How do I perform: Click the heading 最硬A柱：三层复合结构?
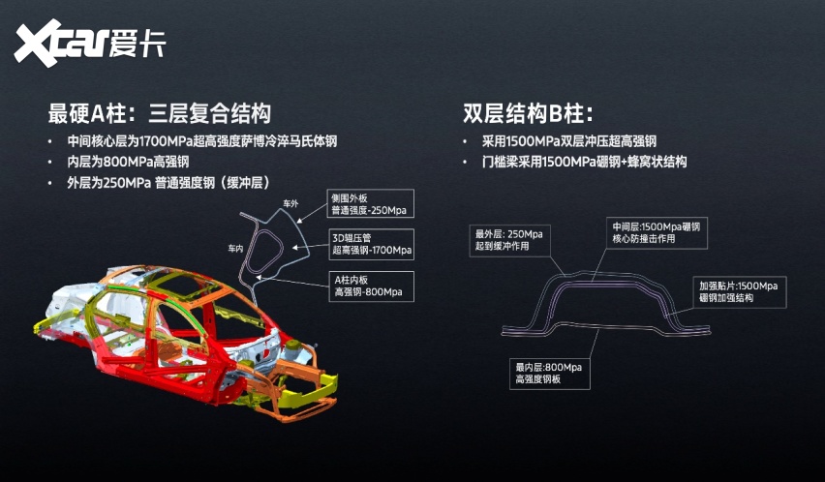[x=159, y=112]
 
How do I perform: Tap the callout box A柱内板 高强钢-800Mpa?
[x=366, y=284]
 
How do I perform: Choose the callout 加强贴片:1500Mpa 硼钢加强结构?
[x=738, y=291]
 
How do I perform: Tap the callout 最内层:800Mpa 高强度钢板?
[x=547, y=374]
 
